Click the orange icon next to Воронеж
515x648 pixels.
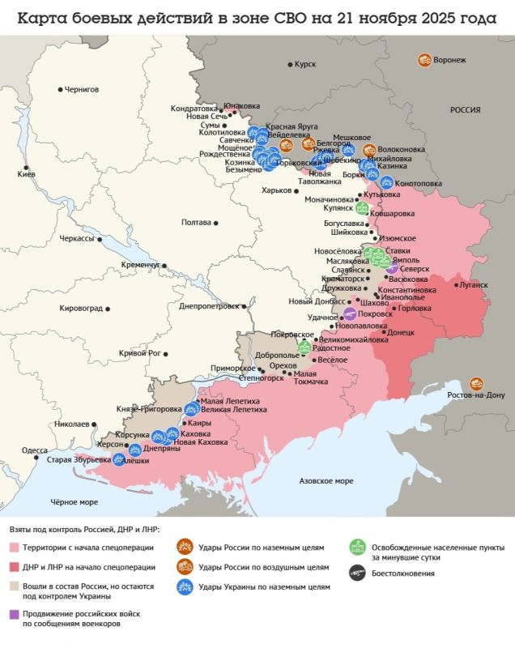pos(424,60)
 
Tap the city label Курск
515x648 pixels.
pos(305,64)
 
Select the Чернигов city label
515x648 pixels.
pos(81,89)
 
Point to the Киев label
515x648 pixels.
pos(27,174)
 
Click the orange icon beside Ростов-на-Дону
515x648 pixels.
pos(477,383)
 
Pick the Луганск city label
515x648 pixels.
pos(475,285)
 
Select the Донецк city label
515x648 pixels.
pos(401,332)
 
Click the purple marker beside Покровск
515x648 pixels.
pos(350,313)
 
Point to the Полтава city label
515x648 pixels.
pos(196,222)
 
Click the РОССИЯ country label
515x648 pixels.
pos(466,110)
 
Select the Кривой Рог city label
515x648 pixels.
pos(139,353)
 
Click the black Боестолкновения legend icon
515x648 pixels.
pos(355,573)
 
